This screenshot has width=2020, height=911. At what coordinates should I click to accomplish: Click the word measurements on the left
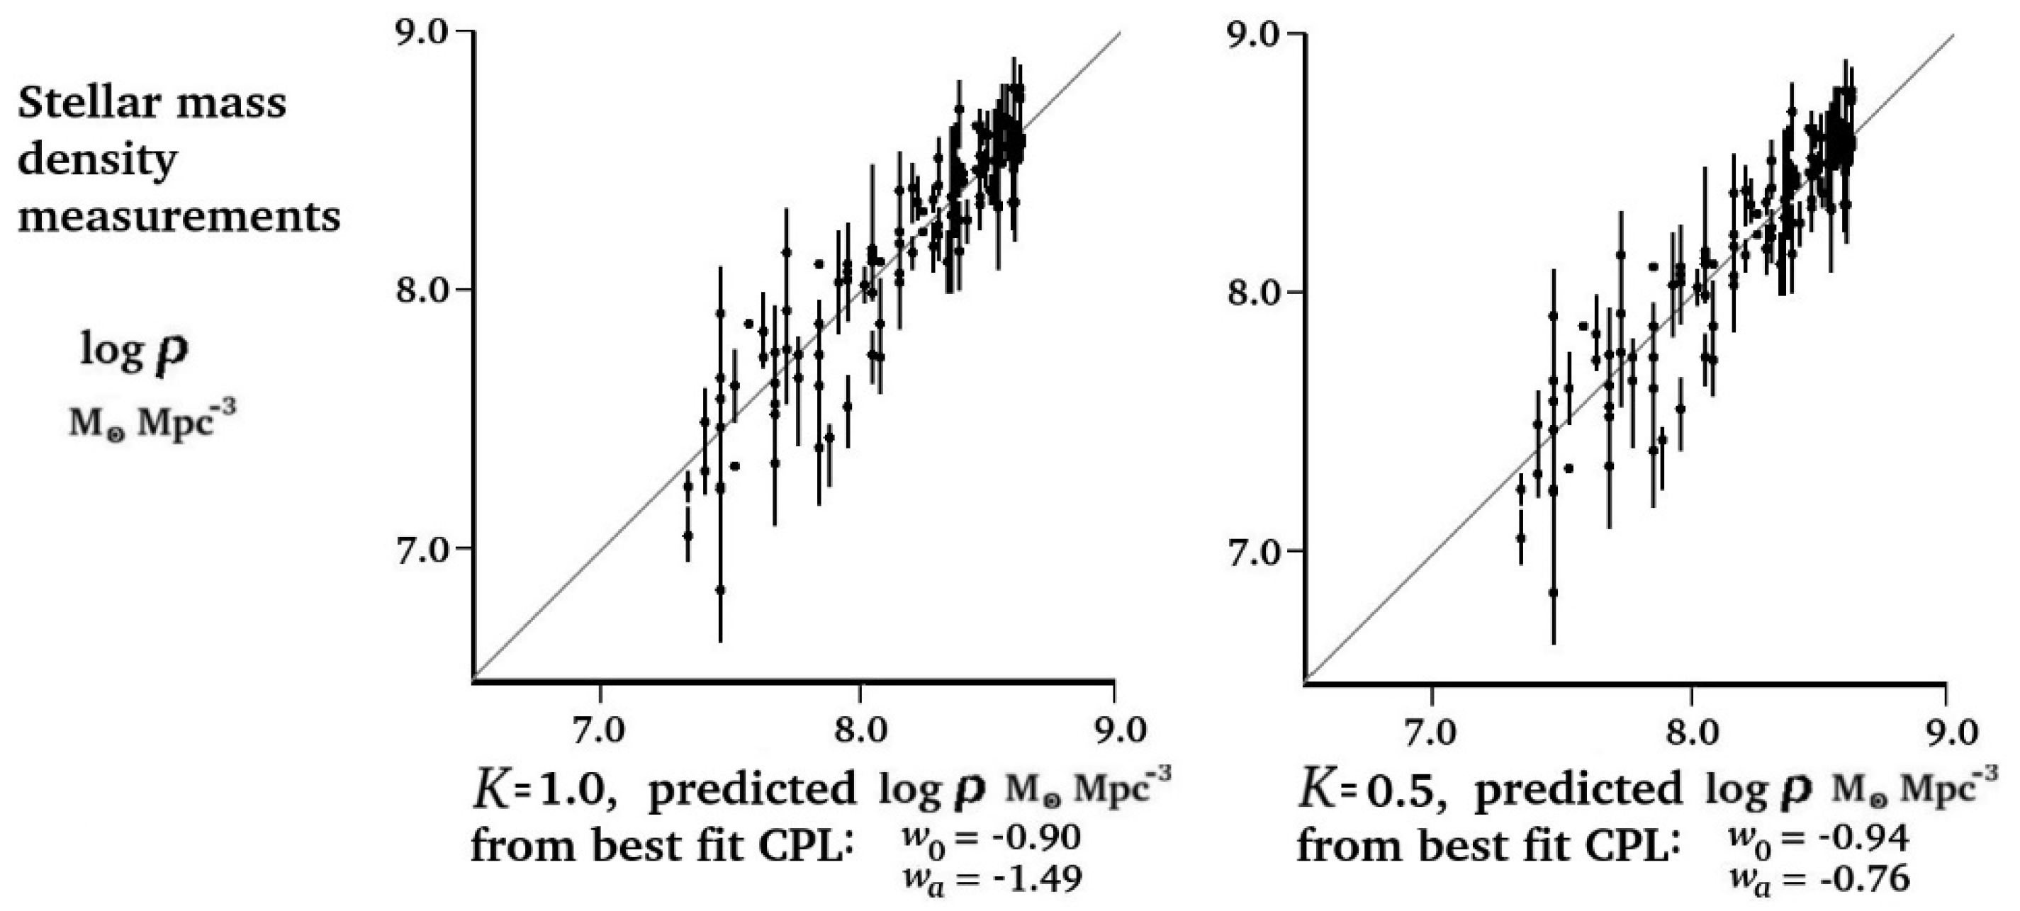tap(179, 217)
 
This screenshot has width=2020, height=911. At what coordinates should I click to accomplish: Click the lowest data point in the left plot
tap(720, 589)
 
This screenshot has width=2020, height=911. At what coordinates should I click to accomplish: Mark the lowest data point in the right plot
tap(1553, 593)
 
